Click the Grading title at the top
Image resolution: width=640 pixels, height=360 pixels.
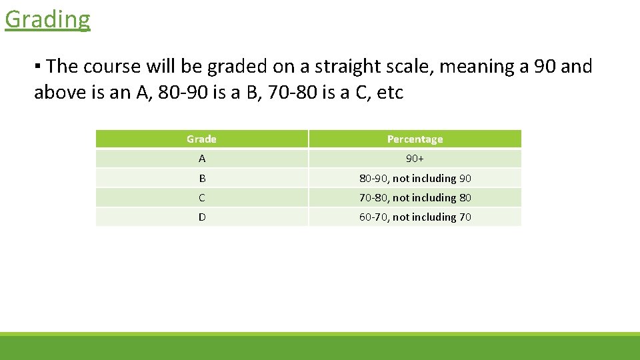point(47,19)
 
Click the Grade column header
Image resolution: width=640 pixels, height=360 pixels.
point(201,139)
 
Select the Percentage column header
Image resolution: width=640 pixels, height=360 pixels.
point(415,139)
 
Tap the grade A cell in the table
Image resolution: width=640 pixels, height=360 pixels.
point(201,159)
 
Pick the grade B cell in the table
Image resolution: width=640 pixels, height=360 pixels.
point(201,178)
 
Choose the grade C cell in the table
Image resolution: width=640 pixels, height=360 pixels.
point(201,197)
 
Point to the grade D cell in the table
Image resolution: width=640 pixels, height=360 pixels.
point(201,217)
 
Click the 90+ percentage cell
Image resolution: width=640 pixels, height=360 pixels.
point(415,159)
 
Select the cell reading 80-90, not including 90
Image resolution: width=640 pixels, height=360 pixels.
point(415,178)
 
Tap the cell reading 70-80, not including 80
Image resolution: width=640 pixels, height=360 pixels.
point(415,197)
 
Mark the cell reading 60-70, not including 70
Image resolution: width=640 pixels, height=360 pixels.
point(415,217)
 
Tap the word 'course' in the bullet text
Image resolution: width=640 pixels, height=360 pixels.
point(112,67)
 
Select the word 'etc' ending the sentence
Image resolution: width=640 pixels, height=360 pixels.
point(390,92)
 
